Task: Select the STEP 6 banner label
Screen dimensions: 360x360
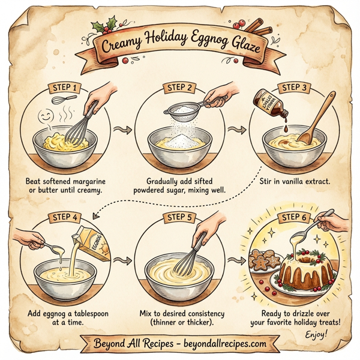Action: click(296, 217)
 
